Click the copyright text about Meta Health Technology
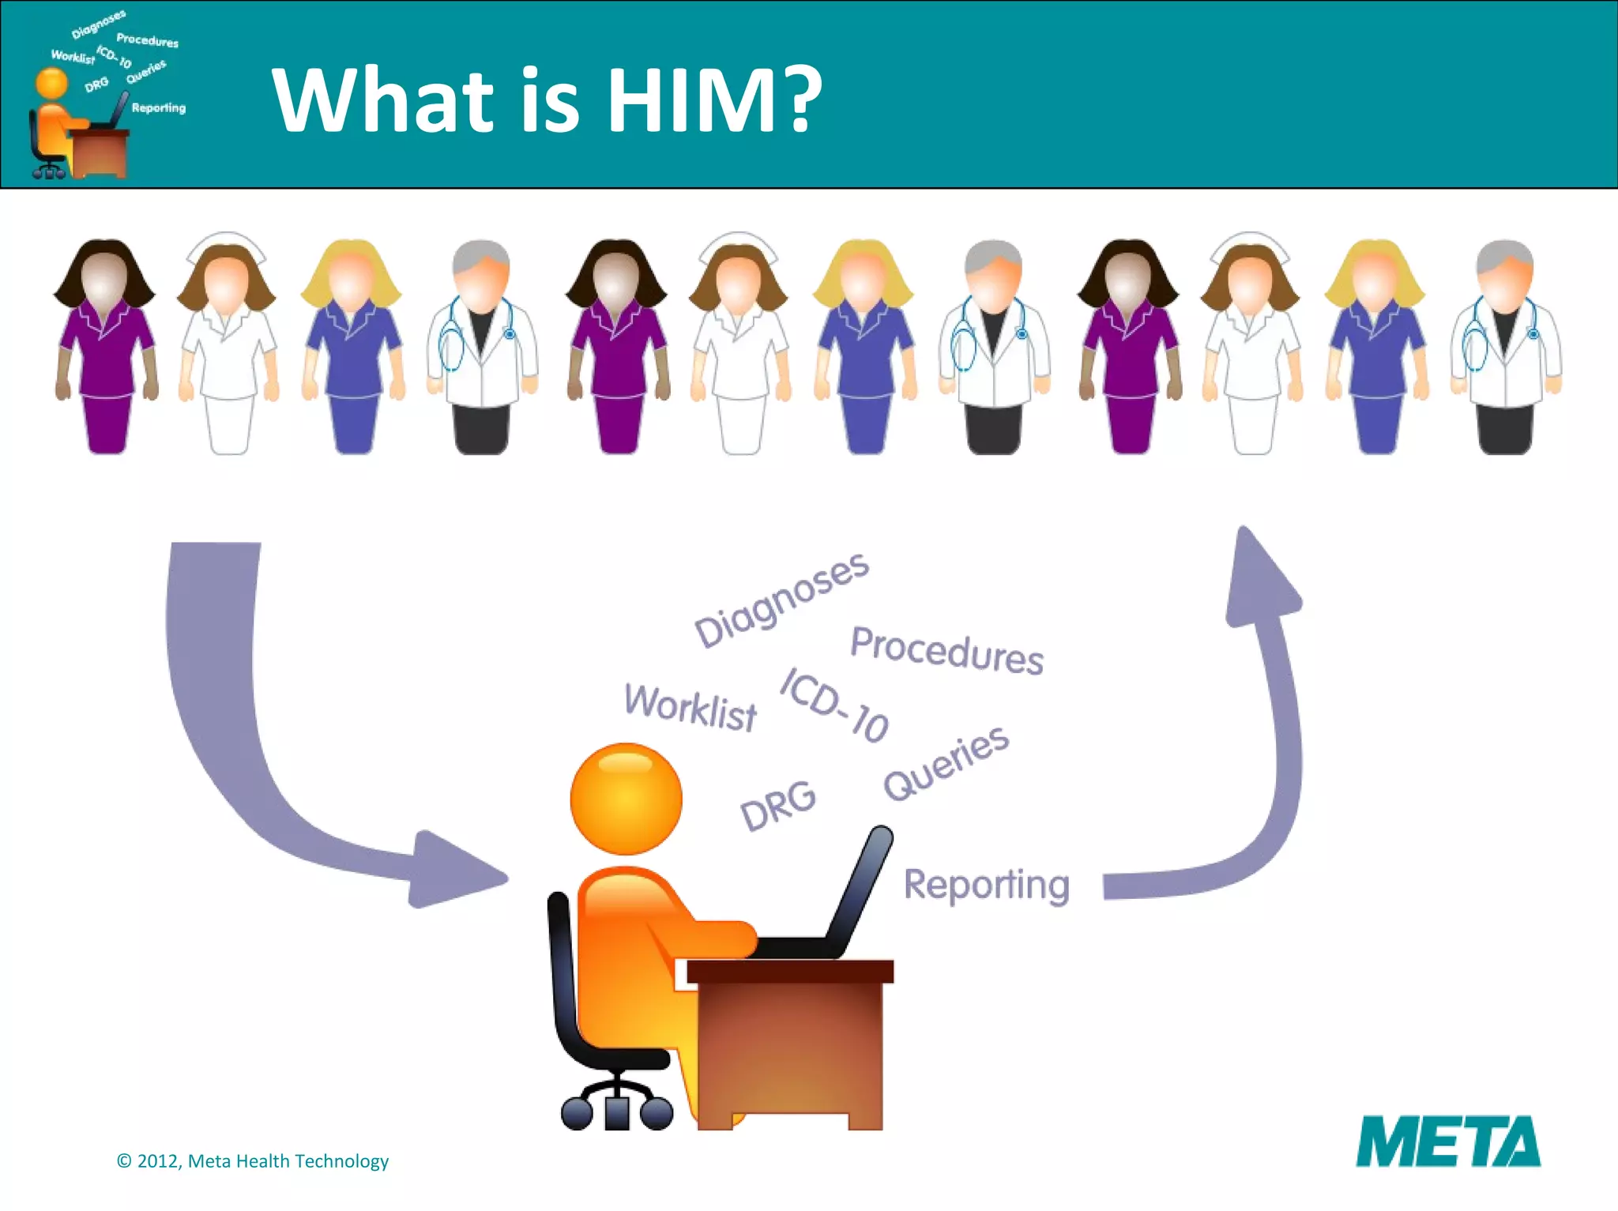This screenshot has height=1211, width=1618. pyautogui.click(x=253, y=1160)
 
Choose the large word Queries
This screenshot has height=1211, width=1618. pyautogui.click(x=946, y=762)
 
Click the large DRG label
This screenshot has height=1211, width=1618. pyautogui.click(x=778, y=805)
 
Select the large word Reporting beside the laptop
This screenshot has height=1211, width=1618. pyautogui.click(x=986, y=884)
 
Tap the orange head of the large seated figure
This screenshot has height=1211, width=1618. pyautogui.click(x=626, y=799)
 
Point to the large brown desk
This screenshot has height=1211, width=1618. pyautogui.click(x=790, y=1043)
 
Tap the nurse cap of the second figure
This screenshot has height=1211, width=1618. pyautogui.click(x=226, y=245)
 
